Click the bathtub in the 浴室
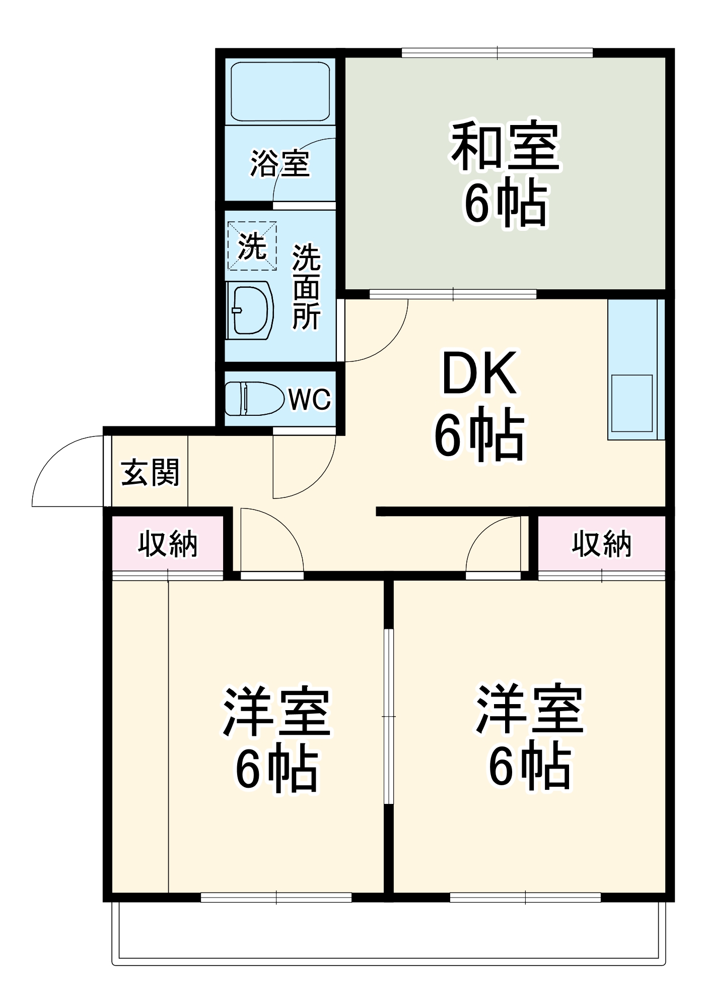click(280, 91)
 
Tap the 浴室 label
click(280, 164)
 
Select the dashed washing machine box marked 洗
click(252, 246)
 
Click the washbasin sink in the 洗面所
click(250, 310)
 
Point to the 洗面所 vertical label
click(306, 287)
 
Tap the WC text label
click(309, 400)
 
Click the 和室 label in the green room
click(505, 146)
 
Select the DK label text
click(479, 374)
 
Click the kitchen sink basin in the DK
click(631, 403)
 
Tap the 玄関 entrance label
click(150, 473)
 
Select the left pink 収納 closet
click(168, 544)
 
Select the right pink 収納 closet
click(601, 544)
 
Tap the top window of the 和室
click(497, 52)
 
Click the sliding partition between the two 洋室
click(388, 716)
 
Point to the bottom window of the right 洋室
click(525, 897)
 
